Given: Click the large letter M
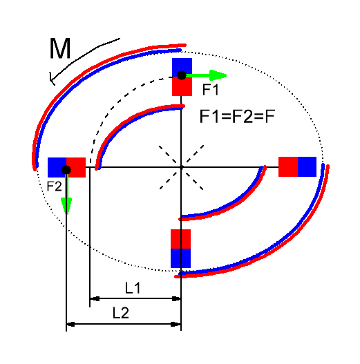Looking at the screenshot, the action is coord(60,48).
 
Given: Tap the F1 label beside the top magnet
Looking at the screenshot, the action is coord(211,90).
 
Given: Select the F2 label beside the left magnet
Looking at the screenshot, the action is coord(55,186).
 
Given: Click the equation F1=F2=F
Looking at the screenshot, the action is coord(237,116).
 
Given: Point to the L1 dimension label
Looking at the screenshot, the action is coord(133,288).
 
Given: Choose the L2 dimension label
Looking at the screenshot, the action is coord(120,313).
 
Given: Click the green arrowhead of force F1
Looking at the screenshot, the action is coord(218,75).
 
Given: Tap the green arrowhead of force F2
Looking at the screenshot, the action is coord(66,206).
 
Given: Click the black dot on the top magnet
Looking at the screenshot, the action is coord(182,75).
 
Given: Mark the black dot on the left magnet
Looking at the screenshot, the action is coord(66,170).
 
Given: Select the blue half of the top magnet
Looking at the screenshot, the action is coord(182,67).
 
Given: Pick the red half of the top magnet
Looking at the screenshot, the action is coord(182,86).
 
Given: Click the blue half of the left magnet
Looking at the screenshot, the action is coord(57,167).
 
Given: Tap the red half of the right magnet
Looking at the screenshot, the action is coord(288,166).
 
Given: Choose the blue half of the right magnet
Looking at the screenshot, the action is coord(307,166).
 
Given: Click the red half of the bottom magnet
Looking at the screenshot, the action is coord(181,239).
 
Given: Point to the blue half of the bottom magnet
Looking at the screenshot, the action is coord(181,258).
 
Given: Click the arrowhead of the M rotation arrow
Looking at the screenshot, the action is coord(52,79).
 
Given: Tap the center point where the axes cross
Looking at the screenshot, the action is coord(181,167).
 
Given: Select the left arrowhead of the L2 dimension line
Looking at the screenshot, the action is coord(70,324).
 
